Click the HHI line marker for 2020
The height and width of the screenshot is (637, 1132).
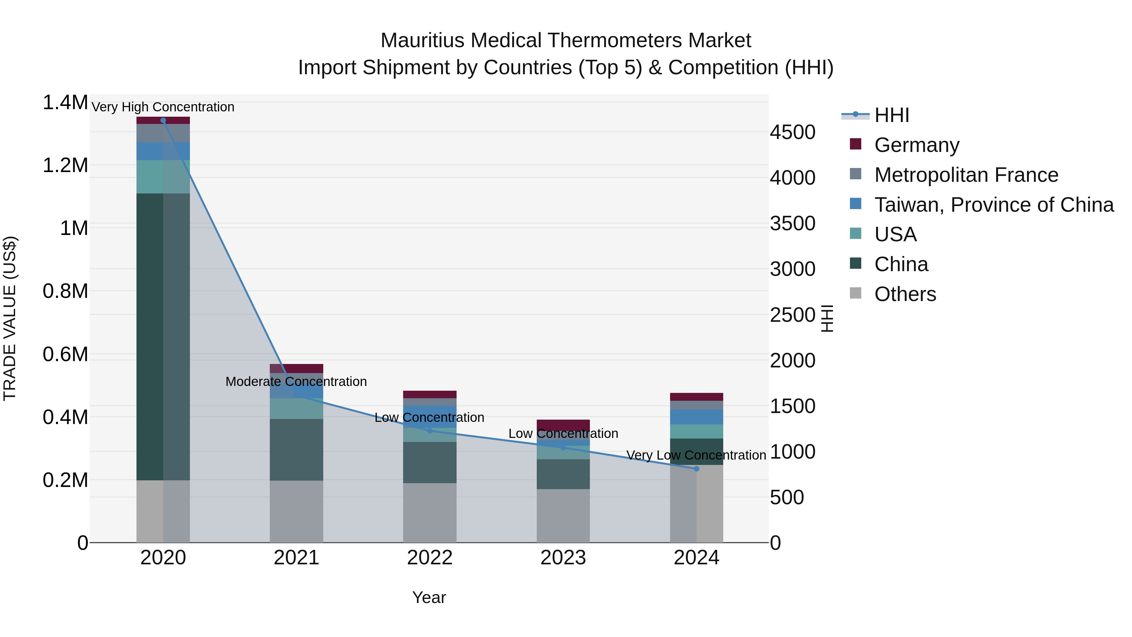point(163,120)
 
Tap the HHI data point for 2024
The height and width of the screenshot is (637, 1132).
point(696,469)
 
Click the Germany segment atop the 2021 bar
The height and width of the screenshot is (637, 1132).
point(297,368)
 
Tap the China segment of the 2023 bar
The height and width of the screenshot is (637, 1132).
point(563,474)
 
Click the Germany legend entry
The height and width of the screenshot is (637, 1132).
point(916,145)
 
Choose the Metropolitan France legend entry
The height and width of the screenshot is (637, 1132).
point(966,175)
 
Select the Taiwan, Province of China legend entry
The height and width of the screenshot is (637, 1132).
point(993,204)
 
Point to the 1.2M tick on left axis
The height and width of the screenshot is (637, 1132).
point(65,166)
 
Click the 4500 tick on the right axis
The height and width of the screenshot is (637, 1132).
point(792,132)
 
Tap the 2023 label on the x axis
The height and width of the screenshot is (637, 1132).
point(563,558)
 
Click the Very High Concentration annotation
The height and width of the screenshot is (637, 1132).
point(163,107)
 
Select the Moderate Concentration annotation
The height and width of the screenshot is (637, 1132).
point(296,381)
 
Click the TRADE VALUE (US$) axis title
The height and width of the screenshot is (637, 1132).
point(10,318)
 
